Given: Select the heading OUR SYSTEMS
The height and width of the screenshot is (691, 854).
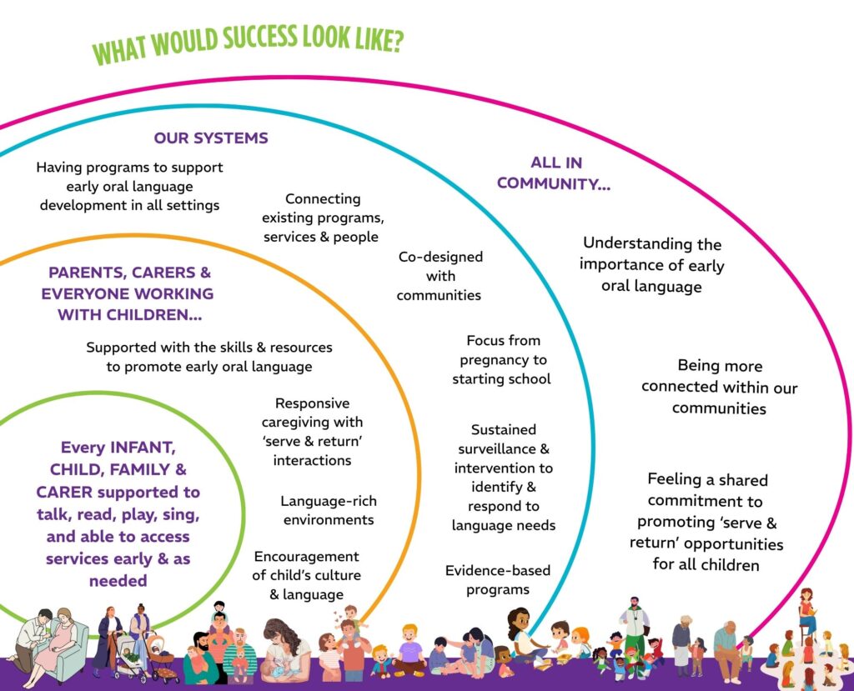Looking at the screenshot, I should (210, 138).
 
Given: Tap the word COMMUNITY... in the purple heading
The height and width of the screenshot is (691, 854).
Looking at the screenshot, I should (554, 183).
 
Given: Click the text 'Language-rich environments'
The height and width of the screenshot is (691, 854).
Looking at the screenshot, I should (329, 510).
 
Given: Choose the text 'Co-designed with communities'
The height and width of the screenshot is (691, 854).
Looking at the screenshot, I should (440, 276).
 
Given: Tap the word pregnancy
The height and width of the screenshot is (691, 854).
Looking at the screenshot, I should (502, 359).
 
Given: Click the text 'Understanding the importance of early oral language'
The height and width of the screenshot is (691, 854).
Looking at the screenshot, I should (652, 265).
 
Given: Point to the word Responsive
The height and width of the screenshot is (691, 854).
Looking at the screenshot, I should (313, 403).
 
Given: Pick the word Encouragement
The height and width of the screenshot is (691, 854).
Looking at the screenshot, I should (306, 557).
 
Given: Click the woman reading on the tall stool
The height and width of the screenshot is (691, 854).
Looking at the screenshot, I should (806, 613).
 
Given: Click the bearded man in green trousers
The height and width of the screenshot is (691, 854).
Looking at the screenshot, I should (635, 629).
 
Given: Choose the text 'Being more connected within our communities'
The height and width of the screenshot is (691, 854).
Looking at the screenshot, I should (719, 387).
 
